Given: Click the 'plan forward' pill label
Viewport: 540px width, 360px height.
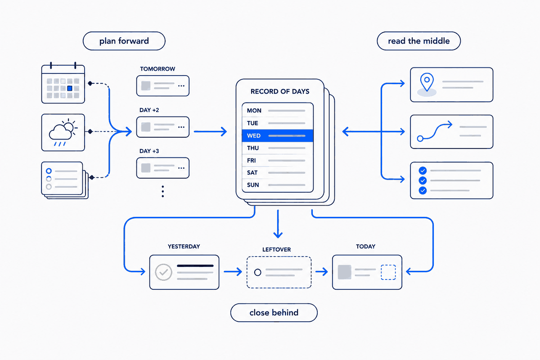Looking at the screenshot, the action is click(124, 41).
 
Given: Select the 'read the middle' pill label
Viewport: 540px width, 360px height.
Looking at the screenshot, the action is click(419, 41).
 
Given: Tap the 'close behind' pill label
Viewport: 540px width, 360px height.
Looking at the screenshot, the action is click(274, 312).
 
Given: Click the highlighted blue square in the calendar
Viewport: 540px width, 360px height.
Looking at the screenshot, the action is click(70, 88).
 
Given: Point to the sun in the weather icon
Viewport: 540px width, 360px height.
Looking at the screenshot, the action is click(69, 126).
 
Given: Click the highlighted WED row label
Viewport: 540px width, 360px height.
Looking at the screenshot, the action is click(254, 136).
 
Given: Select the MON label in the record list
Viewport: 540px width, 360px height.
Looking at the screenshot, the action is click(254, 110).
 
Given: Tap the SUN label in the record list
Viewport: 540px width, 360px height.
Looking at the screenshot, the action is click(253, 185).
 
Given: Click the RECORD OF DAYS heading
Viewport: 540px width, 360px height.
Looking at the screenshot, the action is click(280, 91).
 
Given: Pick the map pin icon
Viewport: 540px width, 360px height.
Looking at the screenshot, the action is click(427, 82).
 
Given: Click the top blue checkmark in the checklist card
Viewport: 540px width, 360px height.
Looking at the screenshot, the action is click(423, 171).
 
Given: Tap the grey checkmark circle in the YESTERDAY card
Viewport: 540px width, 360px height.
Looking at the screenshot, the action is click(163, 272).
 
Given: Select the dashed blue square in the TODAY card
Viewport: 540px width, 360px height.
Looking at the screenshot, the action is click(388, 272).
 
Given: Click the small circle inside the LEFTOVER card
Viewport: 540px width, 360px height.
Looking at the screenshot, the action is click(258, 272).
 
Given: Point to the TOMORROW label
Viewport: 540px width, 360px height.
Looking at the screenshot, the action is click(157, 69).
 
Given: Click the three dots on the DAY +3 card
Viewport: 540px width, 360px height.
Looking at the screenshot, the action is click(181, 168).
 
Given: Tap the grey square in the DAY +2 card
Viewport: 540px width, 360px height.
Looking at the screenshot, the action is click(146, 127).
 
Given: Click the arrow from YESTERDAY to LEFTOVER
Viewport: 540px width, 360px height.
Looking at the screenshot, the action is click(233, 271).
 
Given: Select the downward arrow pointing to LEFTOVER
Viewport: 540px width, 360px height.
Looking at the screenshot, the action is click(278, 224).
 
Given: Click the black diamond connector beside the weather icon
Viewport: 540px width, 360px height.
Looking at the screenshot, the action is click(90, 131).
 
